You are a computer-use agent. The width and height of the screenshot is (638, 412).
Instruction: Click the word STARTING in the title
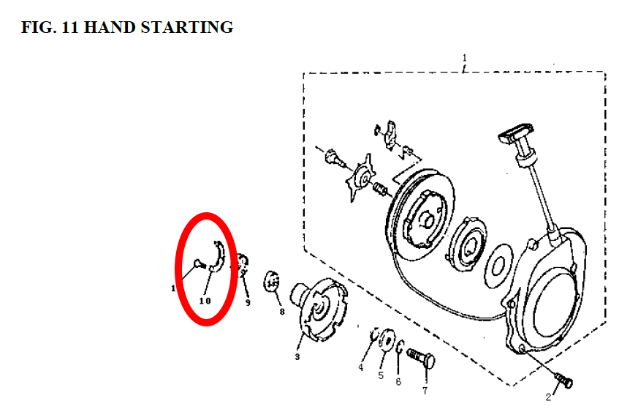pos(187,27)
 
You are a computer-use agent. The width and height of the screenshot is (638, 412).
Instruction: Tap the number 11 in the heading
pos(70,27)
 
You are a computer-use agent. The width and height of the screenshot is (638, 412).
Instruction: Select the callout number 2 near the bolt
pos(549,397)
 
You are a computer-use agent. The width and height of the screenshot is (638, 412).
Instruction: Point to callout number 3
pos(297,357)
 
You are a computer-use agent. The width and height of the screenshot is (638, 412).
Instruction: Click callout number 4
pos(360,367)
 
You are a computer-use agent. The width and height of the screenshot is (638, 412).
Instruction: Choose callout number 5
pos(381,375)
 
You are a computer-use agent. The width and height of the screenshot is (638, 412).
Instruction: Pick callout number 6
pos(398,382)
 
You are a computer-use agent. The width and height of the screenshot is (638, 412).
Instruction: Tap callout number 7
pos(425,391)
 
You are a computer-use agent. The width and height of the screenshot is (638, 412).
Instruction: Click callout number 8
pos(281,312)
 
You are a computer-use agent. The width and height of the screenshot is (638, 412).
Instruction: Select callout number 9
pos(248,303)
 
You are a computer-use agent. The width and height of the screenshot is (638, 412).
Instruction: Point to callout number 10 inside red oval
pos(205,301)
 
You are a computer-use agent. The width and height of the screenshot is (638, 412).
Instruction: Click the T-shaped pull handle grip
pos(515,132)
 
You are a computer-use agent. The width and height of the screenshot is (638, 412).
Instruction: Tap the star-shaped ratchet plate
pos(360,178)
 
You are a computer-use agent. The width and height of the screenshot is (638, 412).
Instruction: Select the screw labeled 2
pos(564,380)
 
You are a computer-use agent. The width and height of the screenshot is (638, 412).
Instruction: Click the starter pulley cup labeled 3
pos(320,309)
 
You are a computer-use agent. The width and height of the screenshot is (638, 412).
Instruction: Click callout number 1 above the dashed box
pos(464,58)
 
